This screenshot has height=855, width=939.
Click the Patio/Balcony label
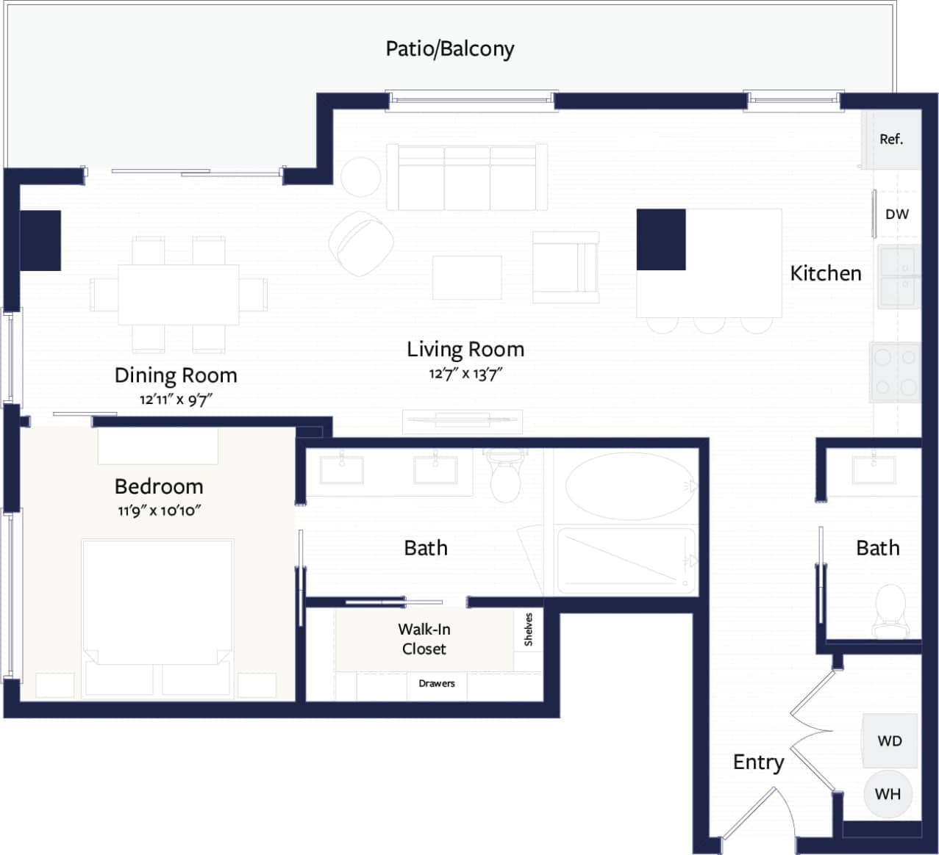pyautogui.click(x=450, y=48)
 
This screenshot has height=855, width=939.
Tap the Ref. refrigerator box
pyautogui.click(x=891, y=140)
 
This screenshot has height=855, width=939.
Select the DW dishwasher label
pyautogui.click(x=896, y=214)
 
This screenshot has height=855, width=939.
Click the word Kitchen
pyautogui.click(x=825, y=273)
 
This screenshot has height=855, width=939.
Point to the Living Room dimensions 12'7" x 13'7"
pyautogui.click(x=465, y=374)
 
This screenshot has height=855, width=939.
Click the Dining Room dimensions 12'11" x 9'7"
pyautogui.click(x=176, y=400)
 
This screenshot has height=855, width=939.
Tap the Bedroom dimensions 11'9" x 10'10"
pyautogui.click(x=159, y=511)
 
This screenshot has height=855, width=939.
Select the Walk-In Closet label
pyautogui.click(x=424, y=639)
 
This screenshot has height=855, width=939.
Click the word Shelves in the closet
pyautogui.click(x=528, y=629)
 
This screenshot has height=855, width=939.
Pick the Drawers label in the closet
pyautogui.click(x=437, y=683)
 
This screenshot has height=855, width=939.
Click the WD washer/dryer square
pyautogui.click(x=890, y=740)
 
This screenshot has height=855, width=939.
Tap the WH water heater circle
pyautogui.click(x=888, y=794)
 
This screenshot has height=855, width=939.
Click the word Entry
pyautogui.click(x=758, y=762)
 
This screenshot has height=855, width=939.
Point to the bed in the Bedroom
pyautogui.click(x=157, y=602)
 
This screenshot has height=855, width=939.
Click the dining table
pyautogui.click(x=179, y=295)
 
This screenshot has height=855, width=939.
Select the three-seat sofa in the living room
pyautogui.click(x=467, y=177)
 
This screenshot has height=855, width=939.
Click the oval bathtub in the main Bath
pyautogui.click(x=630, y=487)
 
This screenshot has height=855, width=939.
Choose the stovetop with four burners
pyautogui.click(x=896, y=372)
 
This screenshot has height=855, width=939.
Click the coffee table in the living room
pyautogui.click(x=467, y=278)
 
